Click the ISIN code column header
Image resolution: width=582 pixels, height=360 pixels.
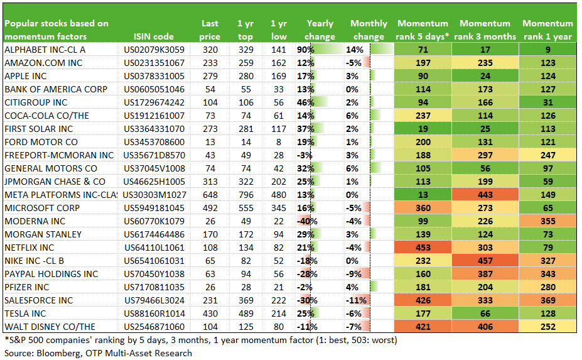(x=154, y=36)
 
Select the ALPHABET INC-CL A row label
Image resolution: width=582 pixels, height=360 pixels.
(x=45, y=50)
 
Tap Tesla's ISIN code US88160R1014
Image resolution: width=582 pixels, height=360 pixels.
(x=154, y=314)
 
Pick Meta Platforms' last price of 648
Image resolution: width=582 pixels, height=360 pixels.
(x=210, y=195)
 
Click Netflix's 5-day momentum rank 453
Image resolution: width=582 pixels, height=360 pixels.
(x=423, y=248)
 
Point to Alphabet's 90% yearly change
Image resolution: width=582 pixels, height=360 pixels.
(x=306, y=50)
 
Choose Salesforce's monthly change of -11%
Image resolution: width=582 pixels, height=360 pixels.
(x=356, y=300)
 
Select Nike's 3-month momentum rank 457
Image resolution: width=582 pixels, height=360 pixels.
(x=485, y=261)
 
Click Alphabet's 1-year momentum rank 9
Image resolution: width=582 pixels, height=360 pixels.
(x=547, y=50)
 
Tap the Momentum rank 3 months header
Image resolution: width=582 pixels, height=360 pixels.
(x=485, y=30)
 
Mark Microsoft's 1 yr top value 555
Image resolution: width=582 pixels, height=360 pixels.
(x=245, y=208)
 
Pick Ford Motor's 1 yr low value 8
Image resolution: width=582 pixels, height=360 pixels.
(x=278, y=142)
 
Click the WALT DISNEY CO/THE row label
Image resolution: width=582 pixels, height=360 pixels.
(x=50, y=327)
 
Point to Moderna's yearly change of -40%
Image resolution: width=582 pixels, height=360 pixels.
(x=307, y=221)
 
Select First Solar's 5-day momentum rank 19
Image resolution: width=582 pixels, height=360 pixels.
(x=423, y=129)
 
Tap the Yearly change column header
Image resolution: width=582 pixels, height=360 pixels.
(x=320, y=30)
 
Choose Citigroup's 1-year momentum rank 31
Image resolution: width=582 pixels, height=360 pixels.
(x=547, y=102)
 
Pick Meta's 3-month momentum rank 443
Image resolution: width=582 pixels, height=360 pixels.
(x=485, y=195)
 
